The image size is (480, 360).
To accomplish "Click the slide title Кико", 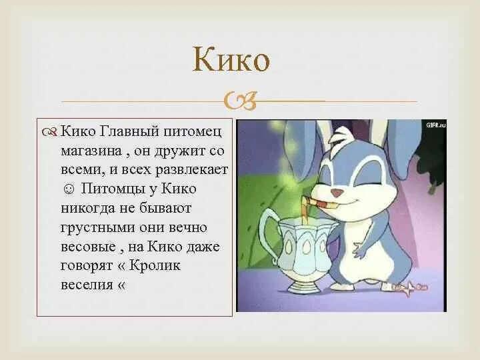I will pyautogui.click(x=231, y=61).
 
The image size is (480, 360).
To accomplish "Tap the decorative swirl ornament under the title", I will pyautogui.click(x=240, y=101).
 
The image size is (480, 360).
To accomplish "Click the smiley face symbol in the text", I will pyautogui.click(x=67, y=189).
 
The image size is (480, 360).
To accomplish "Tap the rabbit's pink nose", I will pyautogui.click(x=337, y=192).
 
